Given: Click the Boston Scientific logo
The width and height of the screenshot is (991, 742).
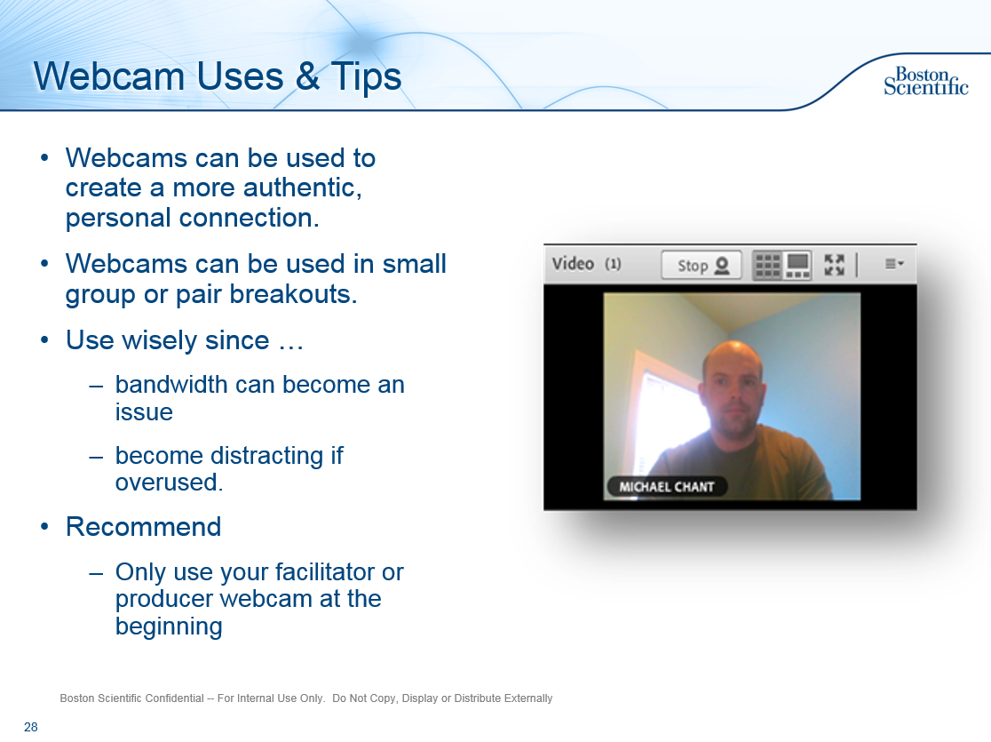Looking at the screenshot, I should coord(925,81).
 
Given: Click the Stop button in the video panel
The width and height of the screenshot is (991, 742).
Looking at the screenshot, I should coord(702,265).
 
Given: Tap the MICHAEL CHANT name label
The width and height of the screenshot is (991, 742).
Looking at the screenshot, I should coord(666,487).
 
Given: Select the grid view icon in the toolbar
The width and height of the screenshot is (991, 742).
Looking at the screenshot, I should coord(767,265).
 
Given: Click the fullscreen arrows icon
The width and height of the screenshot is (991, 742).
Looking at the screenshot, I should coord(834,265).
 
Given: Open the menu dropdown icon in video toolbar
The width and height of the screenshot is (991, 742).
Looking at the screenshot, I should coord(894,264).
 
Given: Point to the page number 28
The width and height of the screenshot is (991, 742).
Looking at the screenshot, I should coord(31,727).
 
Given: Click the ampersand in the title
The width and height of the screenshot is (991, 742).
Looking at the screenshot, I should coord(307,76).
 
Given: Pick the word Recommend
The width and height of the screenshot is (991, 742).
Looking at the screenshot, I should coord(143,527).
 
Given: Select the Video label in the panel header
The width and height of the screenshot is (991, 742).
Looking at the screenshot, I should coord(573,264).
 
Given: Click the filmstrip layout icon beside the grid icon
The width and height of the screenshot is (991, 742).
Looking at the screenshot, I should coord(798,265).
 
